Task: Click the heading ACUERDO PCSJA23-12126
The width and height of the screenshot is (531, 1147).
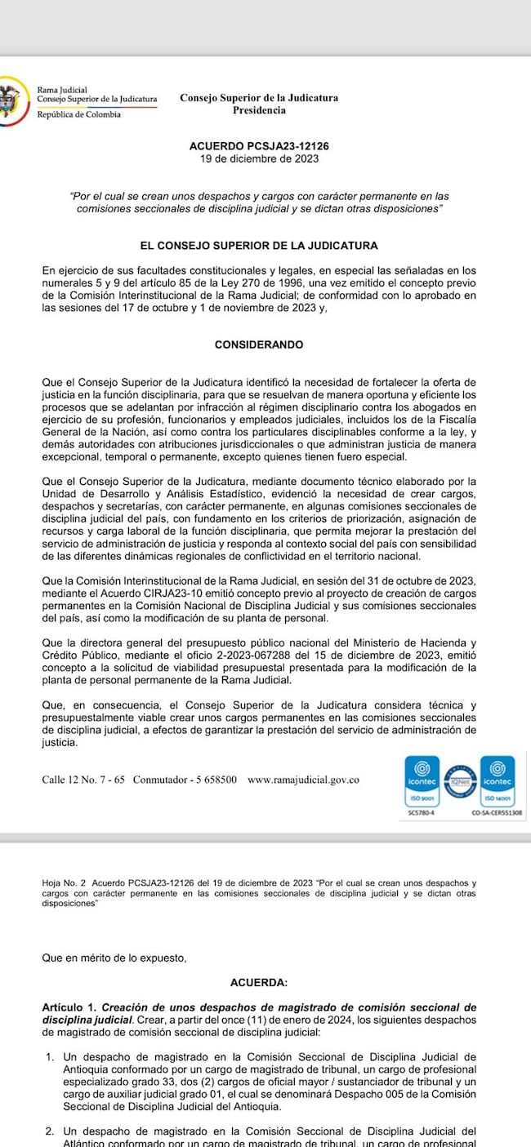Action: click(259, 146)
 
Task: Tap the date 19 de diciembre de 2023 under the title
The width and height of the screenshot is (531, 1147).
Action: click(259, 158)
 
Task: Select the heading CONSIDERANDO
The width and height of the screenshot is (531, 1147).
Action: click(259, 345)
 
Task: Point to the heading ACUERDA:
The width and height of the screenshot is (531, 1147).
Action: click(259, 983)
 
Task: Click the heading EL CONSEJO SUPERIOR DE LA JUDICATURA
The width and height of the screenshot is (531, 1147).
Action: click(259, 245)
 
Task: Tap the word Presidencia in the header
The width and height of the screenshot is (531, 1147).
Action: click(259, 110)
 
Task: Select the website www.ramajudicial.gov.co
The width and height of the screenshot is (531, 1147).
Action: click(303, 780)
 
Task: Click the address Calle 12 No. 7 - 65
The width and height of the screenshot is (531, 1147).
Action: click(83, 780)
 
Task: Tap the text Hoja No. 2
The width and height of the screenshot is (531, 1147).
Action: click(64, 883)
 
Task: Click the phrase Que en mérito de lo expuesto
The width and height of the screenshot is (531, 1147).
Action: click(114, 958)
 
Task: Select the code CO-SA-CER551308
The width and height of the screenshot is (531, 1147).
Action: click(498, 813)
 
